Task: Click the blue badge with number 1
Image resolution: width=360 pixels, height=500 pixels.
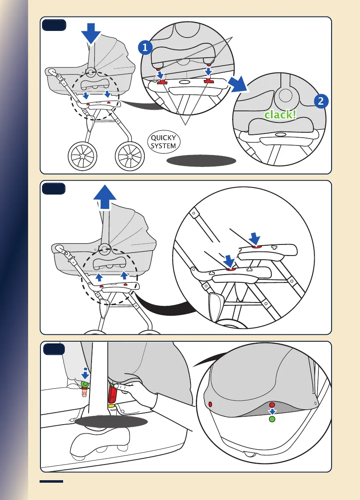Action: point(145,49)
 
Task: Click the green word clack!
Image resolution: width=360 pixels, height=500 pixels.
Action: point(280,115)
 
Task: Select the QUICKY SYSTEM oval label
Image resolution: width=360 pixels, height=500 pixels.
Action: point(164,142)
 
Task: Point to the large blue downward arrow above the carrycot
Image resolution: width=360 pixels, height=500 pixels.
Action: point(91,33)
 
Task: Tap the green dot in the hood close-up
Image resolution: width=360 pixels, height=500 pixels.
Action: point(272,419)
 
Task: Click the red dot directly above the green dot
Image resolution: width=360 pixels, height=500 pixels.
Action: point(272,405)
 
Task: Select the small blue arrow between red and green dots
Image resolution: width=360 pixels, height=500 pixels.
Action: point(272,412)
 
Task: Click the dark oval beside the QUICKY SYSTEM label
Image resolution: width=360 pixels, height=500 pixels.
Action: point(201,161)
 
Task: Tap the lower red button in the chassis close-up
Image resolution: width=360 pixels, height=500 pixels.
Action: point(231,268)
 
